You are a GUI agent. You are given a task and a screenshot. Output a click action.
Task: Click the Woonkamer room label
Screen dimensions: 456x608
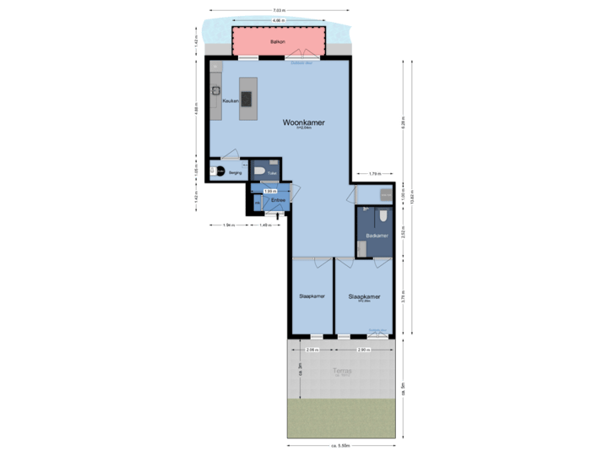pyautogui.click(x=303, y=122)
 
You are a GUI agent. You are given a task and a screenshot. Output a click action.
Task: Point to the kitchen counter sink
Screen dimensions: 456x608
pyautogui.click(x=216, y=89)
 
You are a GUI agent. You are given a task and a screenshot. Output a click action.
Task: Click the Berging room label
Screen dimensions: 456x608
pyautogui.click(x=235, y=172)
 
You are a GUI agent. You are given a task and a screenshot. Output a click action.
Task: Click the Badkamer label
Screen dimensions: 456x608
pyautogui.click(x=377, y=236)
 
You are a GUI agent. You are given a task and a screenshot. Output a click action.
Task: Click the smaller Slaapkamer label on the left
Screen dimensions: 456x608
pyautogui.click(x=312, y=296)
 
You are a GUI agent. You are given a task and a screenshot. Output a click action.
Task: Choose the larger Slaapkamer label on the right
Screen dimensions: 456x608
pyautogui.click(x=364, y=296)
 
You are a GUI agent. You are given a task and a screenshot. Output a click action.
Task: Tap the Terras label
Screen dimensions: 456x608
pyautogui.click(x=341, y=370)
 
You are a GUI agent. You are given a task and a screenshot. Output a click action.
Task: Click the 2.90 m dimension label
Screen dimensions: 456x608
pyautogui.click(x=364, y=349)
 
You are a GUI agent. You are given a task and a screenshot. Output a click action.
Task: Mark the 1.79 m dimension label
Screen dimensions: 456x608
pyautogui.click(x=374, y=174)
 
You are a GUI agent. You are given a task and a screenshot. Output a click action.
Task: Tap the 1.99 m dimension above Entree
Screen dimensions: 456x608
pyautogui.click(x=269, y=191)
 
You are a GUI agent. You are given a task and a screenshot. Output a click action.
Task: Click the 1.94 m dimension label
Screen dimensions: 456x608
pyautogui.click(x=227, y=225)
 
